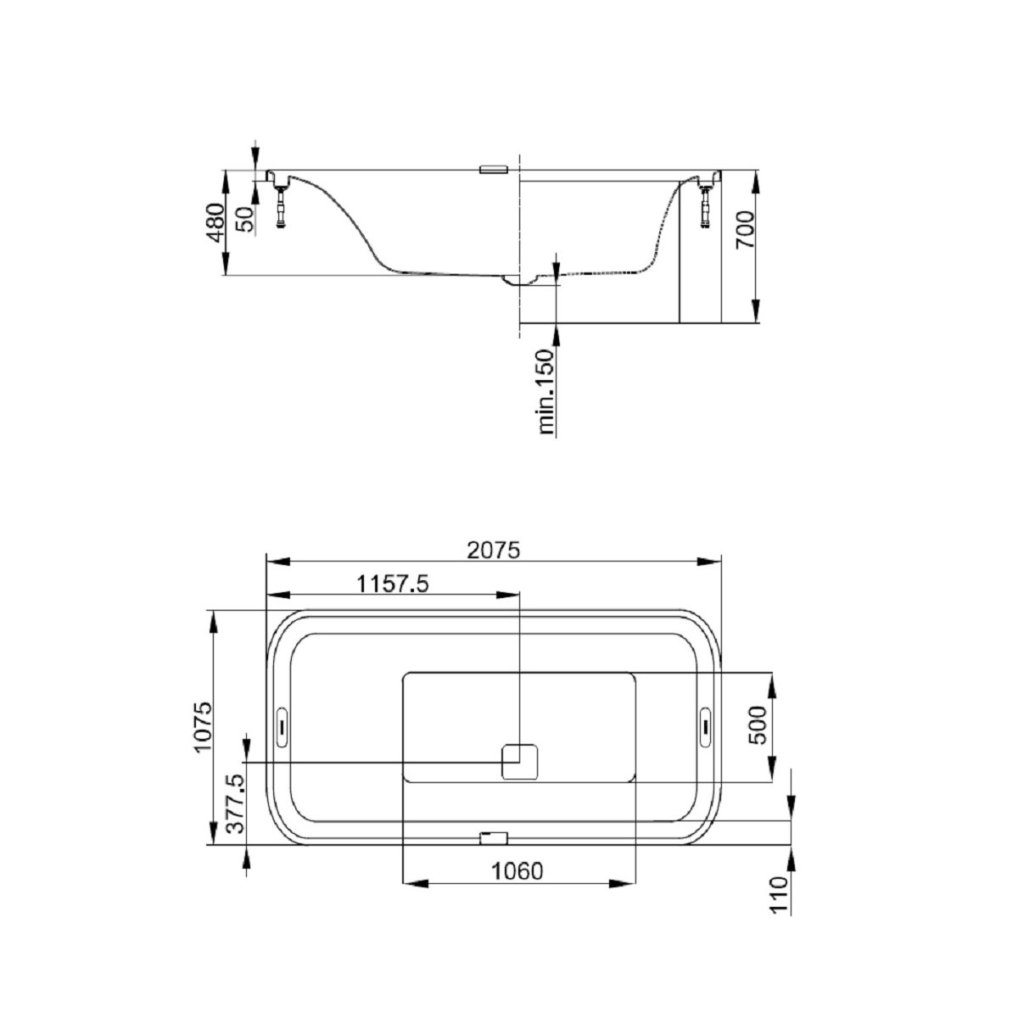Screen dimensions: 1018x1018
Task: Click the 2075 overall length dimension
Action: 494,550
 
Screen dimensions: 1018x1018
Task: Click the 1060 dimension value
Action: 516,871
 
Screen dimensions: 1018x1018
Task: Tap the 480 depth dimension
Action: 215,223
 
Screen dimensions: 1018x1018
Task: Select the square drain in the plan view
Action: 521,761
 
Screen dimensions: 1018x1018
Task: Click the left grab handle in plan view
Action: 282,725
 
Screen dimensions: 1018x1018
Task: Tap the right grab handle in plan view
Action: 706,725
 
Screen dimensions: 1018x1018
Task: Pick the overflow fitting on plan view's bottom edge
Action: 493,838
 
